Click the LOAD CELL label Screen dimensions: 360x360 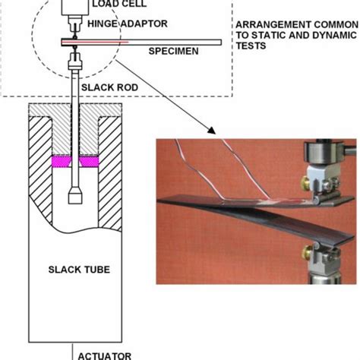click(x=114, y=6)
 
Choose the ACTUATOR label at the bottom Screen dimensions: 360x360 click(x=106, y=355)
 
